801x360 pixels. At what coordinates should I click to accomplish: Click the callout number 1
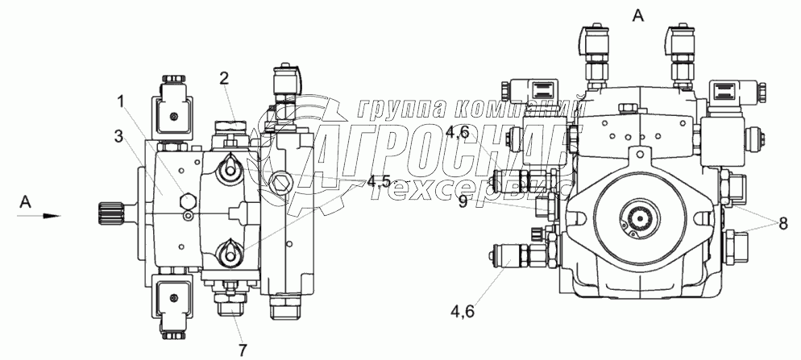pyautogui.click(x=121, y=102)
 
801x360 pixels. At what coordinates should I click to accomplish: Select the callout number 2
pyautogui.click(x=225, y=79)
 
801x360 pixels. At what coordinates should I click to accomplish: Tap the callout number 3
pyautogui.click(x=118, y=136)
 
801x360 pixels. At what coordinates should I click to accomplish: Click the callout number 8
pyautogui.click(x=783, y=224)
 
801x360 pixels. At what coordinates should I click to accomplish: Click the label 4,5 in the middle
pyautogui.click(x=379, y=181)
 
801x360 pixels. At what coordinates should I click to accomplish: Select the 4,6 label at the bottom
pyautogui.click(x=463, y=310)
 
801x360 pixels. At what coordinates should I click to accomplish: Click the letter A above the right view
pyautogui.click(x=638, y=16)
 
